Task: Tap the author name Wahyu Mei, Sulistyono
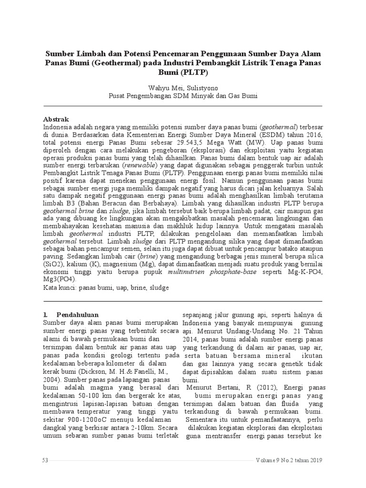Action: pos(183,87)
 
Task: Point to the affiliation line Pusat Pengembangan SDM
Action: pos(183,95)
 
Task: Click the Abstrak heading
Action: pos(56,119)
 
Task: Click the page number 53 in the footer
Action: pos(46,460)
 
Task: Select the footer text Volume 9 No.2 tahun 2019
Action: pos(289,460)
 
